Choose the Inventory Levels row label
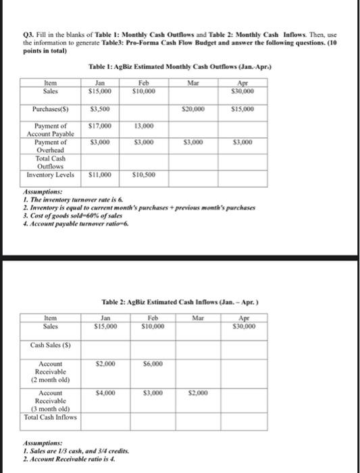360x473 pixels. tap(49, 174)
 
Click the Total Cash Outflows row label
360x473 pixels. tap(49, 162)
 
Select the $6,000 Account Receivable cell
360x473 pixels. tap(154, 364)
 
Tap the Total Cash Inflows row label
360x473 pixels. tap(50, 416)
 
